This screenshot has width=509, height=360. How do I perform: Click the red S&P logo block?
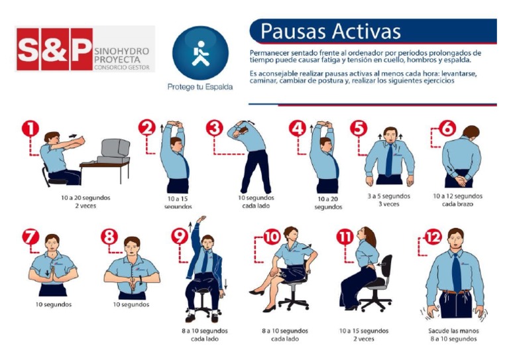coord(54,49)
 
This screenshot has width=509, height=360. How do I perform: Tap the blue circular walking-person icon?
coord(200,54)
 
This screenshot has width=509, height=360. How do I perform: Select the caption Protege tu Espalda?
coord(200,87)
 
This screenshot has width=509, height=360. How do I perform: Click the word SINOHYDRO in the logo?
coord(123,49)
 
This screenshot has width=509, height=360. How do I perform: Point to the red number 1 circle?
coord(30,127)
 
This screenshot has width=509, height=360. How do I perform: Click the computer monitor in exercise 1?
coord(115,149)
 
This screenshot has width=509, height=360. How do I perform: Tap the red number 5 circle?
coord(359,127)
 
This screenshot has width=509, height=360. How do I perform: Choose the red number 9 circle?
coord(180,237)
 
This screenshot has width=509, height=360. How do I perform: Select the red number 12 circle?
coord(432,237)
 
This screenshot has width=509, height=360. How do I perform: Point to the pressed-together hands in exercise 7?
coord(53,274)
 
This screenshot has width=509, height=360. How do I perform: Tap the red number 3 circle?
coord(213,127)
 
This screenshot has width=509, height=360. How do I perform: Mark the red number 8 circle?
coord(109,237)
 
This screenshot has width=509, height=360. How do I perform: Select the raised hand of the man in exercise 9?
coord(200,219)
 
